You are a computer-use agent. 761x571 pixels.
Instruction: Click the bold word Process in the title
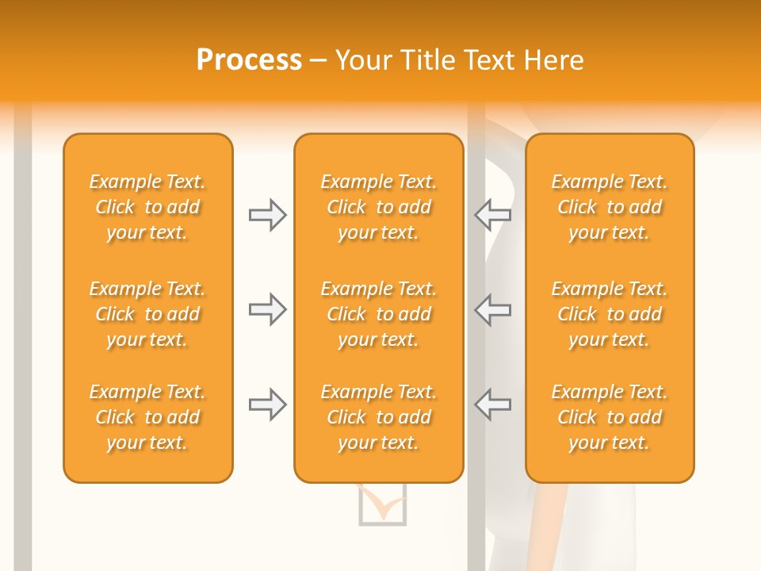[x=249, y=60]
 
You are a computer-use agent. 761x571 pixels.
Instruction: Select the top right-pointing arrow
[x=267, y=214]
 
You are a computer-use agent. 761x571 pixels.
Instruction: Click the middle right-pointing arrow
[x=267, y=309]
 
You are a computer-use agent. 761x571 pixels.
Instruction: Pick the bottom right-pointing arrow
[x=267, y=404]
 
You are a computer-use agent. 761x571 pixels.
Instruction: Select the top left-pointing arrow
[x=492, y=214]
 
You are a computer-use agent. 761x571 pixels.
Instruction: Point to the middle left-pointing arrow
[x=492, y=309]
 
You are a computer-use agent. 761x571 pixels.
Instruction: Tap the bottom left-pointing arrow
[x=492, y=404]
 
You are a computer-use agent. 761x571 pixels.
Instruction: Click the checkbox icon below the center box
[x=382, y=504]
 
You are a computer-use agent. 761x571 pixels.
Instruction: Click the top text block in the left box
[x=147, y=207]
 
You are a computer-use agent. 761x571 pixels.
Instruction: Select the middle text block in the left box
[x=147, y=314]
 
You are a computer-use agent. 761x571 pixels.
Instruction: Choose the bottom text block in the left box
[x=147, y=417]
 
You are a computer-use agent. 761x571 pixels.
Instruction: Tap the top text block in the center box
[x=379, y=207]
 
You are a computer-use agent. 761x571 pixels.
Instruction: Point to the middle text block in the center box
[x=379, y=314]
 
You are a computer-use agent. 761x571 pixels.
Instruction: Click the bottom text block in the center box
[x=379, y=417]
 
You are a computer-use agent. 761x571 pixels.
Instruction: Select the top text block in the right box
[x=610, y=207]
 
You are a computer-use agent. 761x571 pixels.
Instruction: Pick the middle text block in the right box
[x=610, y=314]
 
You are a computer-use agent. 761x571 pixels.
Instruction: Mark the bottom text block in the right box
[x=610, y=417]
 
